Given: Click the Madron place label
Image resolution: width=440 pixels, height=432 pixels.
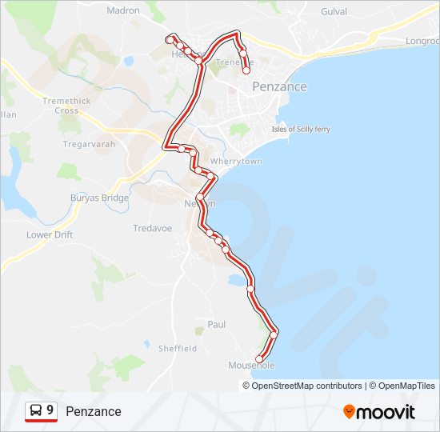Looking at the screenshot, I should (122, 11).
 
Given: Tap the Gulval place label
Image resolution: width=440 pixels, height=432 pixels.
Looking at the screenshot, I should (334, 12).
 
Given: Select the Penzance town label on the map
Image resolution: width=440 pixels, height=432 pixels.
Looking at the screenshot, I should (279, 86).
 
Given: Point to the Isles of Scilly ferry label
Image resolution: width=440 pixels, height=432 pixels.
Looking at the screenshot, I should (301, 130).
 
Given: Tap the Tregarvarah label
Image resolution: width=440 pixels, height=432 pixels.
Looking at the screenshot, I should (86, 145).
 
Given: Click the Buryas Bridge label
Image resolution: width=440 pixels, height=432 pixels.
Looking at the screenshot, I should (99, 198).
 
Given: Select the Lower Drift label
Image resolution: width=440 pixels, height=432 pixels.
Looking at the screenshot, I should (50, 235).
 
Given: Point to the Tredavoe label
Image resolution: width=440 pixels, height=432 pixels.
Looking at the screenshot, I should (152, 229).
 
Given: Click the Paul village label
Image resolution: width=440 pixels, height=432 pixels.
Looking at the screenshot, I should (216, 325).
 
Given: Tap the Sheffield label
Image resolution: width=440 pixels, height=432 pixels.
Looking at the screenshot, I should (178, 349).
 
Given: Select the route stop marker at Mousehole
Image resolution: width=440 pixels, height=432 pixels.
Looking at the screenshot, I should (258, 359).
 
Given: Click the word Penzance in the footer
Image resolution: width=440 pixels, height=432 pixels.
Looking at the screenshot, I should (94, 412).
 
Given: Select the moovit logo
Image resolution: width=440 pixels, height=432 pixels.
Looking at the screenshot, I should (379, 412).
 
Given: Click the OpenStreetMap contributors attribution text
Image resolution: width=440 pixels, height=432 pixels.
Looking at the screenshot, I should (307, 386).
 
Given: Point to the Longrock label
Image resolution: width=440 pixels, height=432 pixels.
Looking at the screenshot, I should (422, 41).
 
